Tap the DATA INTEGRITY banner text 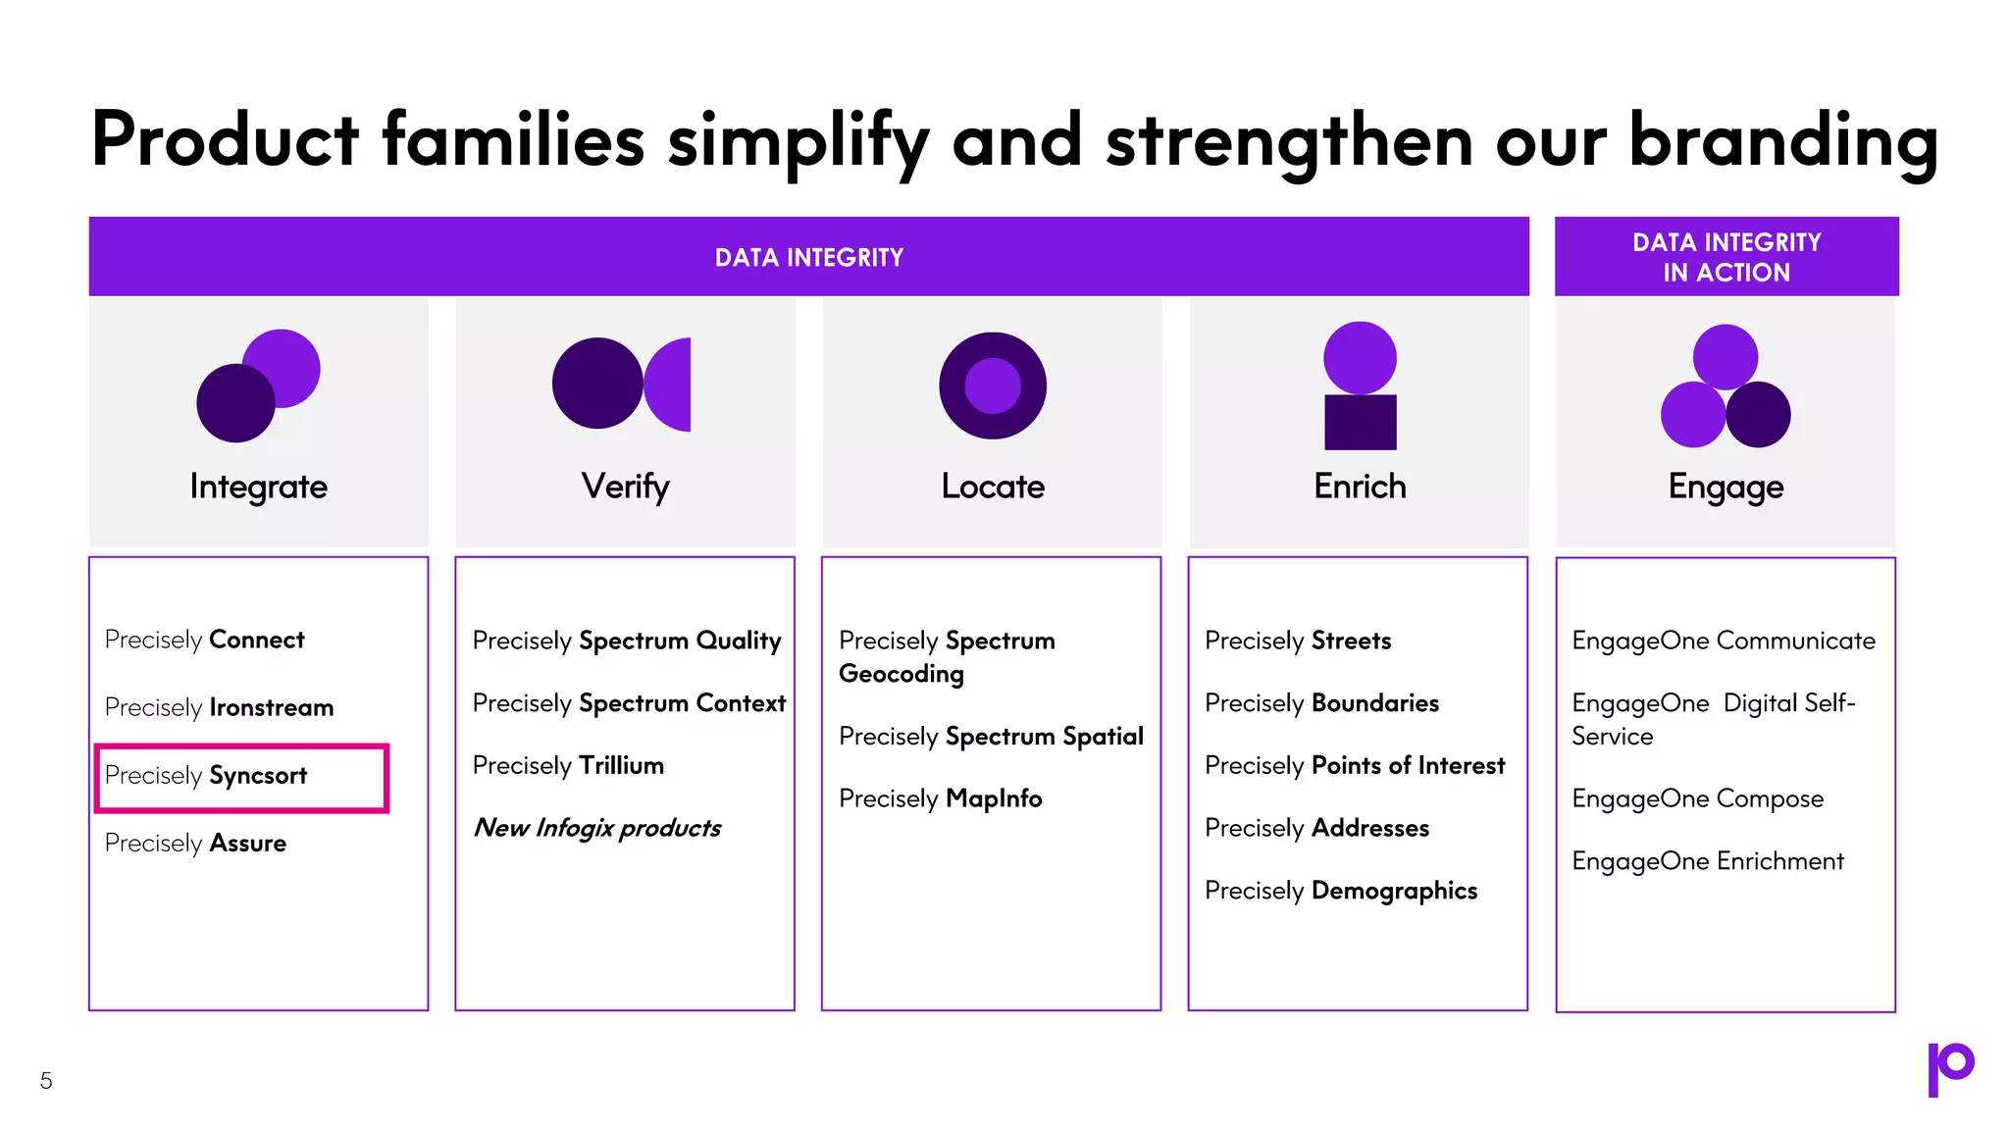[808, 258]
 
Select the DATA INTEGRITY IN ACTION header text [1726, 257]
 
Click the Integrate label [258, 487]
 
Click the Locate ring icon [992, 385]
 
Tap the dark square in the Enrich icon [1360, 423]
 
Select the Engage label [1726, 487]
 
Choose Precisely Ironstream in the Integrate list [219, 707]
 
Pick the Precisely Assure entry [195, 844]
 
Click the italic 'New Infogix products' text [596, 828]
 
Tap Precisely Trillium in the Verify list [568, 765]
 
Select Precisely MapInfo [940, 798]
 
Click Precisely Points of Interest [1354, 765]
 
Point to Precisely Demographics [1340, 891]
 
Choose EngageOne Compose [1697, 798]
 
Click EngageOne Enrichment [1707, 861]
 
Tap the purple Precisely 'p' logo [1949, 1068]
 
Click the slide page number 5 [46, 1081]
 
